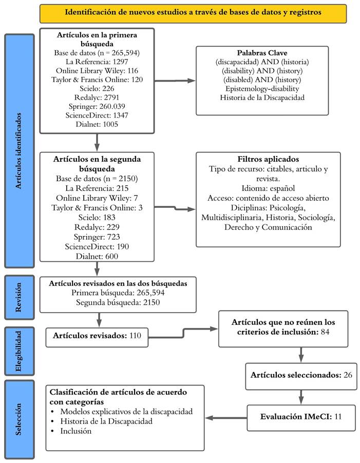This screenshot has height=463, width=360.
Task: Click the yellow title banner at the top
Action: [x=194, y=11]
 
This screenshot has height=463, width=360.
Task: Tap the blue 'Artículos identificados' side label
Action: [x=19, y=151]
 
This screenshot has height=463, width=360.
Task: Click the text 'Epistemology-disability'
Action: [x=262, y=88]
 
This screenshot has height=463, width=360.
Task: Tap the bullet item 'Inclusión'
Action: [x=77, y=431]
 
